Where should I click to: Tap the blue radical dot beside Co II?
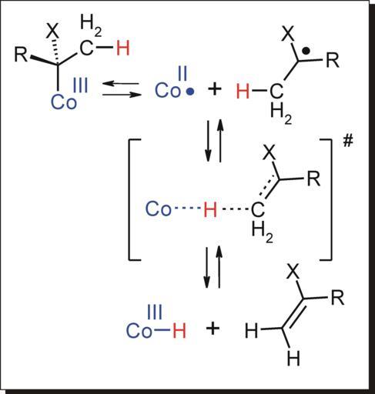(190, 92)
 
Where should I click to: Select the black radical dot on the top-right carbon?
(306, 52)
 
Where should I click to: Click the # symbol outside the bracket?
(348, 141)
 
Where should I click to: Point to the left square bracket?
(129, 199)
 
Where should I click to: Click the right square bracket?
(331, 199)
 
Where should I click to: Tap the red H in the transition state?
(210, 209)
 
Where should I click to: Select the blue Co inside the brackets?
(159, 209)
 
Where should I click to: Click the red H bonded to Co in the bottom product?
(179, 330)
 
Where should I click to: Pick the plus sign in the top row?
(214, 89)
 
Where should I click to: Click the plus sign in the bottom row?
(213, 328)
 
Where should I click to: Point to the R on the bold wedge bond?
(21, 55)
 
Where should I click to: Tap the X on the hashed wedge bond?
(52, 32)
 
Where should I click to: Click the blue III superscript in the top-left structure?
(81, 85)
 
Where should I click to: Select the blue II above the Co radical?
(182, 73)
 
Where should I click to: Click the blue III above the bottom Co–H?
(155, 312)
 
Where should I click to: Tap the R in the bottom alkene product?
(337, 297)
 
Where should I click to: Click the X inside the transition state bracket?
(269, 153)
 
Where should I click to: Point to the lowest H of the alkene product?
(293, 359)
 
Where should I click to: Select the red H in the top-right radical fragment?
(243, 91)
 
